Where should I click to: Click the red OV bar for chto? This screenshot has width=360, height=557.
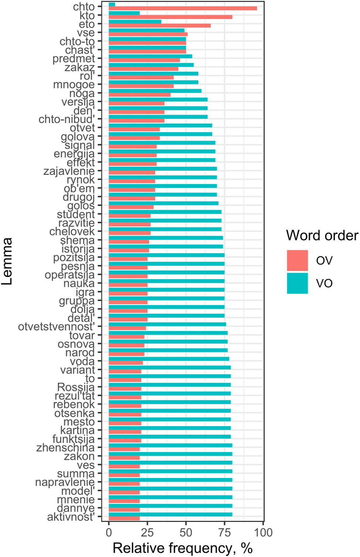(x=183, y=8)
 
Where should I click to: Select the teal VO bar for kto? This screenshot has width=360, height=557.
(x=124, y=13)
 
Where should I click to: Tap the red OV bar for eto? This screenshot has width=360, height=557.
(x=160, y=26)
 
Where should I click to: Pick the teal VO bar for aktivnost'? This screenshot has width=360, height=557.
(x=170, y=514)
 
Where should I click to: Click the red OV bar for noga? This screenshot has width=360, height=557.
(x=139, y=95)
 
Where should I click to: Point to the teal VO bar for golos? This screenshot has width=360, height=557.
(x=163, y=203)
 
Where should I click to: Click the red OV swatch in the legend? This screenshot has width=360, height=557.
(x=297, y=260)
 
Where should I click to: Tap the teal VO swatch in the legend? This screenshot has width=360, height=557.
(x=297, y=283)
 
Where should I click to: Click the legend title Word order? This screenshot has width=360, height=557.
(x=322, y=236)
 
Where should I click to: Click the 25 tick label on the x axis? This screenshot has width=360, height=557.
(x=147, y=532)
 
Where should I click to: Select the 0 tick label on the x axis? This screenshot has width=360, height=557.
(x=109, y=532)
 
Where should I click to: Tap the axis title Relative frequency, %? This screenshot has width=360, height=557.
(x=183, y=548)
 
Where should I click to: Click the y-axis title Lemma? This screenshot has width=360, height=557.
(x=7, y=261)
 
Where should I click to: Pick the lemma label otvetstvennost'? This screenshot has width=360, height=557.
(x=56, y=327)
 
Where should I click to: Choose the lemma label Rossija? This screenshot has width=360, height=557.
(x=76, y=387)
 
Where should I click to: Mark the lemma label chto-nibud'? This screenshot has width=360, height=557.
(x=67, y=119)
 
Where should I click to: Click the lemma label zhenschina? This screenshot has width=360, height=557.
(x=65, y=448)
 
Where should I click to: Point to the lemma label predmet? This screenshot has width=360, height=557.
(x=74, y=59)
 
